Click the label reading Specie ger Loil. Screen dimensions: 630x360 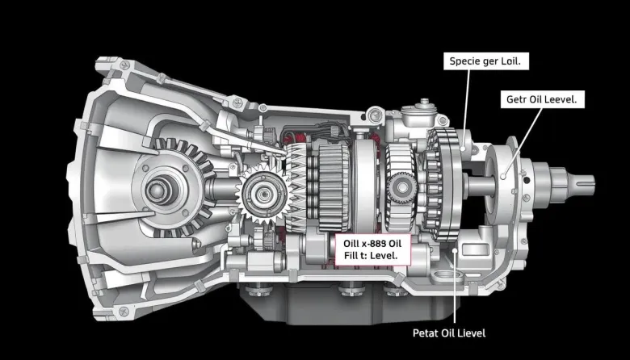485,61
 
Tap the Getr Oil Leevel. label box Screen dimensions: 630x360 542,99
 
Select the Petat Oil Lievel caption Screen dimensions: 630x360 449,333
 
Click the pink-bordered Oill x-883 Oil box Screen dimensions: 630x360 373,249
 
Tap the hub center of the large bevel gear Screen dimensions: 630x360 160,191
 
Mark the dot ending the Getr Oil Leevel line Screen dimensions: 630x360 503,176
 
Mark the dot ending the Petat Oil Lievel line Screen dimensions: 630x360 455,250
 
